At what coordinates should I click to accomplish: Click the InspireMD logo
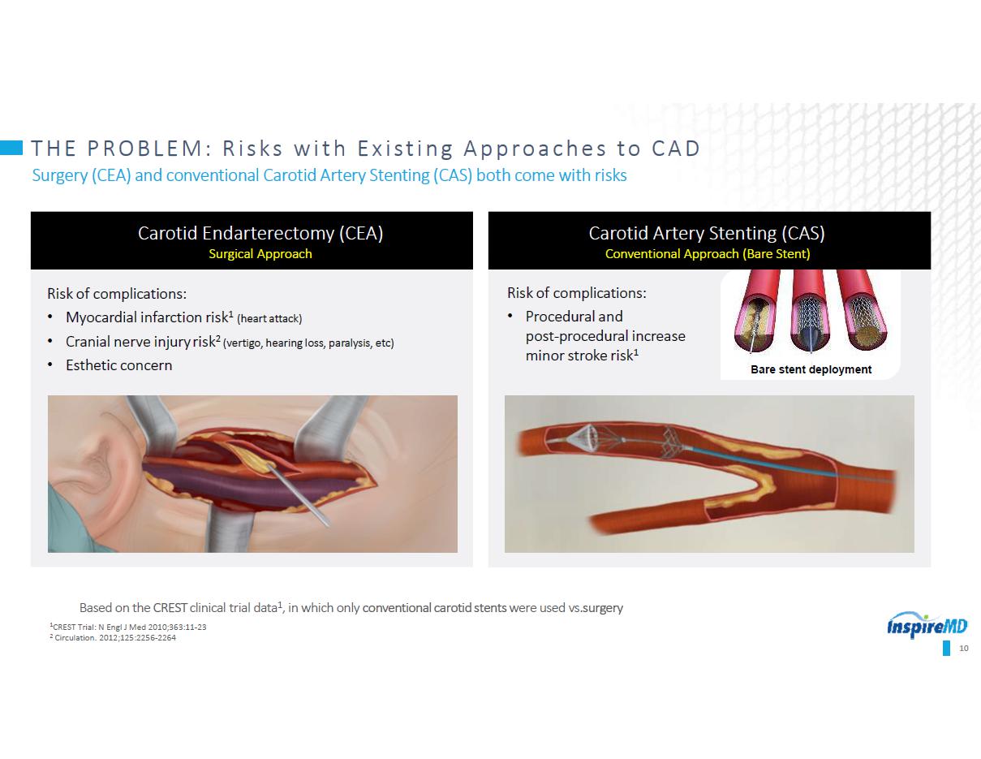click(927, 625)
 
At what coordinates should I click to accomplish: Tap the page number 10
click(963, 649)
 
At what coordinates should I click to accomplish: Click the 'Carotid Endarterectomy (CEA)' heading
click(260, 234)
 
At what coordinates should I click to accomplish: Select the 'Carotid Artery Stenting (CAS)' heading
click(707, 234)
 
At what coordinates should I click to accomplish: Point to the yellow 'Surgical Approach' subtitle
click(260, 254)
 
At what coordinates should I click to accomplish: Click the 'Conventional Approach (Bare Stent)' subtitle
click(708, 254)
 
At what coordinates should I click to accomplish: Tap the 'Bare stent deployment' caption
click(811, 369)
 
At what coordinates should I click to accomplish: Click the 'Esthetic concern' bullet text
click(118, 364)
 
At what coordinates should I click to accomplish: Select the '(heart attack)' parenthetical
click(269, 319)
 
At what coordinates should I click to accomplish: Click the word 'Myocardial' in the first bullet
click(101, 317)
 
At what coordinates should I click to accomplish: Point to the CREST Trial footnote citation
click(127, 627)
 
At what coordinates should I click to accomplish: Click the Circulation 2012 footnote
click(113, 637)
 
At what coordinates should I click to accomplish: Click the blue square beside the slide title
click(11, 148)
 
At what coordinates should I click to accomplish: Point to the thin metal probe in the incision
click(299, 494)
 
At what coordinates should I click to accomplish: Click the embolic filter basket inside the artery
click(583, 436)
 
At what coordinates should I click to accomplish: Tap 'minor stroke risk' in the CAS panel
click(582, 356)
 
